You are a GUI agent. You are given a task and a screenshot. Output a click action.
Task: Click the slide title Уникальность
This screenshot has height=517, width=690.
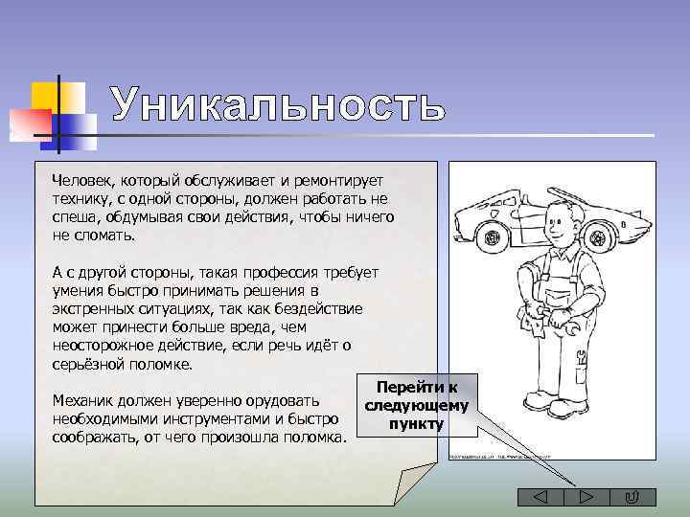coord(277,104)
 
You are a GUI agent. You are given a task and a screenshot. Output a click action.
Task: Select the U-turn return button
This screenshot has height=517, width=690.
coord(632,497)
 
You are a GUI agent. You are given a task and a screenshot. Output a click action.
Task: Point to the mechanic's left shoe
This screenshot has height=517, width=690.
coord(574,406)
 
